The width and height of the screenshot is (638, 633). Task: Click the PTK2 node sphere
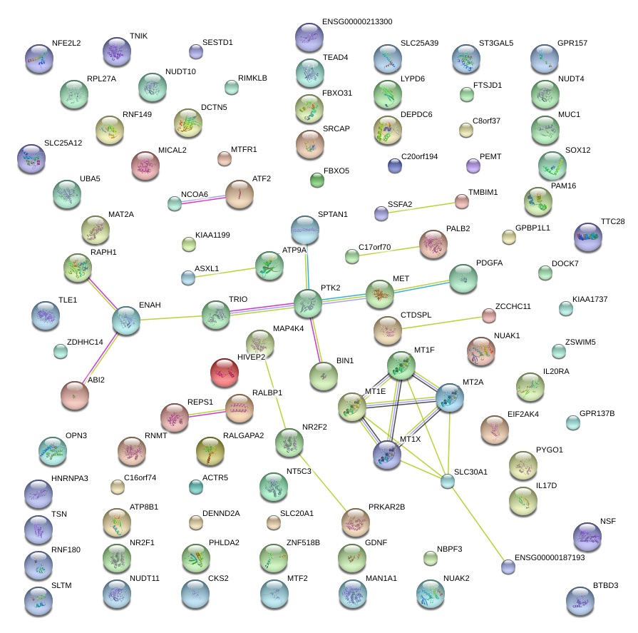(x=307, y=303)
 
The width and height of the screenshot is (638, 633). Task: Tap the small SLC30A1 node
(x=447, y=481)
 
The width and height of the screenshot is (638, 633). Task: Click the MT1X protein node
(x=387, y=454)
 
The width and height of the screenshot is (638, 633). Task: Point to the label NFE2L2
(x=66, y=43)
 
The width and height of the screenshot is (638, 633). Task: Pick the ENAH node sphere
(x=126, y=320)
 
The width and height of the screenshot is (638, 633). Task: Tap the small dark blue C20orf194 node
(x=394, y=166)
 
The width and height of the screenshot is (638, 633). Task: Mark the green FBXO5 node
(x=317, y=181)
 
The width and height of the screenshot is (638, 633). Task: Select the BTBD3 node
(x=580, y=601)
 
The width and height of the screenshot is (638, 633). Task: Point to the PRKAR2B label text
(x=386, y=507)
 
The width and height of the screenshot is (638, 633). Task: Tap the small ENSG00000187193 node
(x=508, y=567)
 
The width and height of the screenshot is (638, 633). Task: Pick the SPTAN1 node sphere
(x=305, y=230)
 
